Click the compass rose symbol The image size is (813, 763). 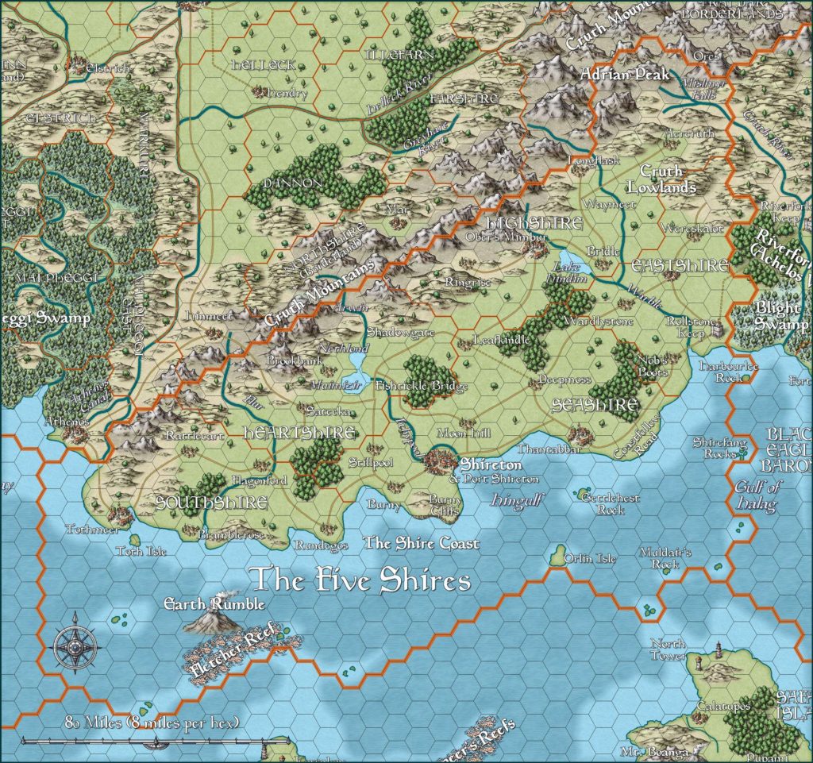click(75, 641)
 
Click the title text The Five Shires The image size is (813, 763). click(360, 580)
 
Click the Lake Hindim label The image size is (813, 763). click(570, 274)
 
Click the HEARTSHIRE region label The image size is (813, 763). click(287, 434)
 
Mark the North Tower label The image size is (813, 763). click(667, 649)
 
